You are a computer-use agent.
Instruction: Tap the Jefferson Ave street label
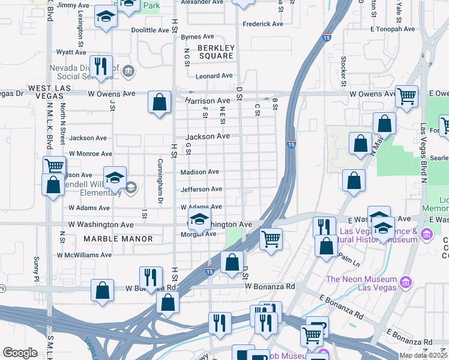pyautogui.click(x=201, y=190)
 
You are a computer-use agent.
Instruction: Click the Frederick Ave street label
pyautogui.click(x=262, y=25)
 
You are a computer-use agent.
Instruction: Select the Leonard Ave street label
pyautogui.click(x=214, y=76)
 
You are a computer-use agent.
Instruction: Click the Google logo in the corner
pyautogui.click(x=20, y=353)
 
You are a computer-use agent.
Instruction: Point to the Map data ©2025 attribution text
pyautogui.click(x=424, y=356)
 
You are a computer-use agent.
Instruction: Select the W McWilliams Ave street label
pyautogui.click(x=84, y=255)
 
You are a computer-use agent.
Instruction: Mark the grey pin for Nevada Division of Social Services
pyautogui.click(x=128, y=72)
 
